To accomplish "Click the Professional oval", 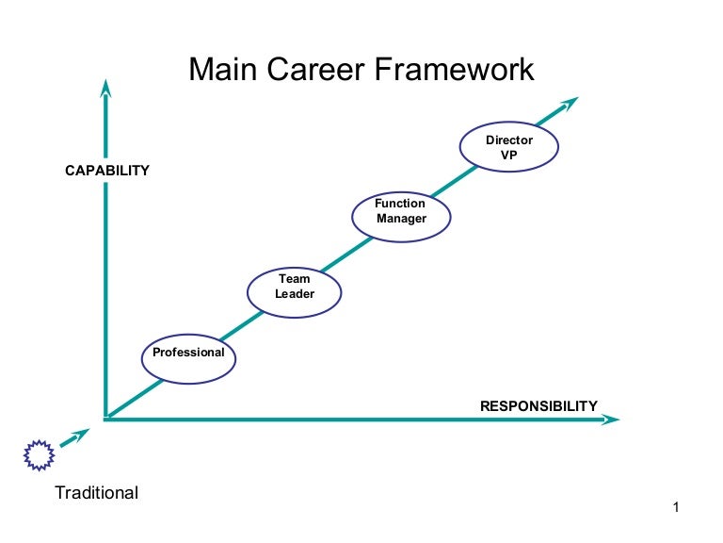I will pos(188,355).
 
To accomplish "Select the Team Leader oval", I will pos(294,288).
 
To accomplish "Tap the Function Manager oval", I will pos(401,213).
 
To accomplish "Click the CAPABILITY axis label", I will pos(106,171).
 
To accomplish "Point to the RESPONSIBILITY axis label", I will pos(538,406).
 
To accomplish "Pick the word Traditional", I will pos(96,492).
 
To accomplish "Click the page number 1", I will pos(676,508).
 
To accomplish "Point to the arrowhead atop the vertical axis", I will pos(105,88).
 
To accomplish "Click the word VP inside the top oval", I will pos(508,155).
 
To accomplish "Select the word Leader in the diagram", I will pos(294,294).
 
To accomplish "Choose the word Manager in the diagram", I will pos(401,220).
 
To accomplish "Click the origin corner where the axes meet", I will pos(106,419).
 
